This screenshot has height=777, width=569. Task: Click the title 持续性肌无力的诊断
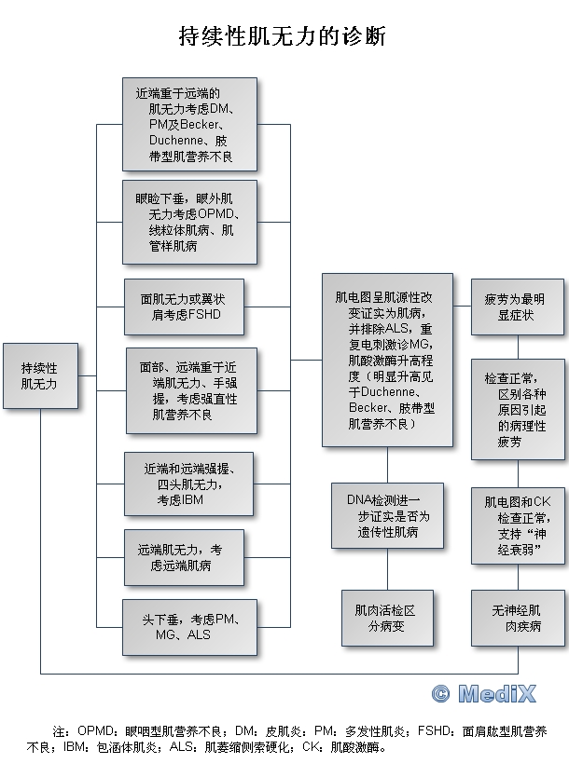pos(282,36)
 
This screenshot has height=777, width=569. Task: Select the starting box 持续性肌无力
pos(41,375)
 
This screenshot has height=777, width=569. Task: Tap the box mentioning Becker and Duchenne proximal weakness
pos(189,125)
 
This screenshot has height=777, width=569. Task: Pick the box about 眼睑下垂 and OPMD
pos(189,222)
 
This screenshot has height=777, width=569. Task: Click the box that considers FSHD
pos(184,307)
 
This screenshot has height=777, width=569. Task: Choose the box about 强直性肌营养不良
pos(191,391)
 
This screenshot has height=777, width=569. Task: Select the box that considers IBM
pos(188,484)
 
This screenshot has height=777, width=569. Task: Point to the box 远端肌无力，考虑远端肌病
pos(184,557)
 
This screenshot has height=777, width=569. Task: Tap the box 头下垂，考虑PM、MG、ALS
pos(189,627)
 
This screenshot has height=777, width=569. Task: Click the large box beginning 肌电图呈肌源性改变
pos(387,360)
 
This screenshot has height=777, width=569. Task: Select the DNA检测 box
pos(387,516)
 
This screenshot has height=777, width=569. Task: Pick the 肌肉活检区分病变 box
pos(387,618)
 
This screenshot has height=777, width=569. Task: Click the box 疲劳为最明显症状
pos(518,307)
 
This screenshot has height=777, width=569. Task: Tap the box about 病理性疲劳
pos(518,409)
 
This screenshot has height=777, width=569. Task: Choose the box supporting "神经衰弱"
pos(518,525)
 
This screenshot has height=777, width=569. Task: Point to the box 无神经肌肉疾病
pos(518,618)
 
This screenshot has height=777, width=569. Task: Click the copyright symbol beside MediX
pos(440,694)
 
